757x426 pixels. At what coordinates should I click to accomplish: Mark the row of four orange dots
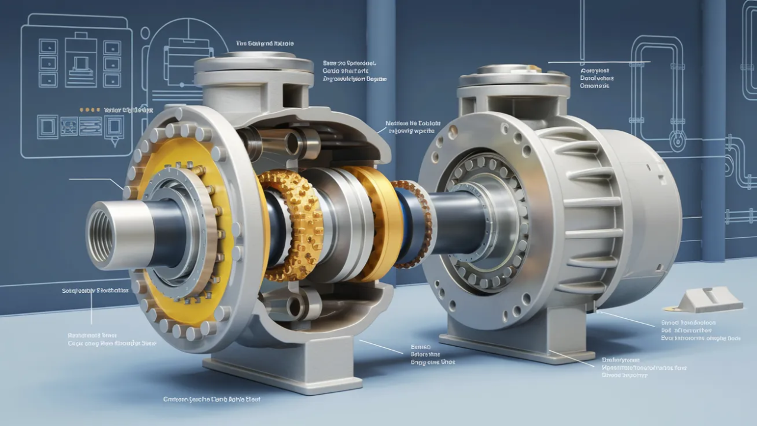click(x=89, y=109)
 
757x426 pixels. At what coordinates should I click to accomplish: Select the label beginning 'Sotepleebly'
click(x=95, y=291)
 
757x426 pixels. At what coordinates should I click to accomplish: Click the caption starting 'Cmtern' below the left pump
click(x=212, y=399)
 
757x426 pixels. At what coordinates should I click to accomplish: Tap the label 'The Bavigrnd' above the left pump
click(x=265, y=43)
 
